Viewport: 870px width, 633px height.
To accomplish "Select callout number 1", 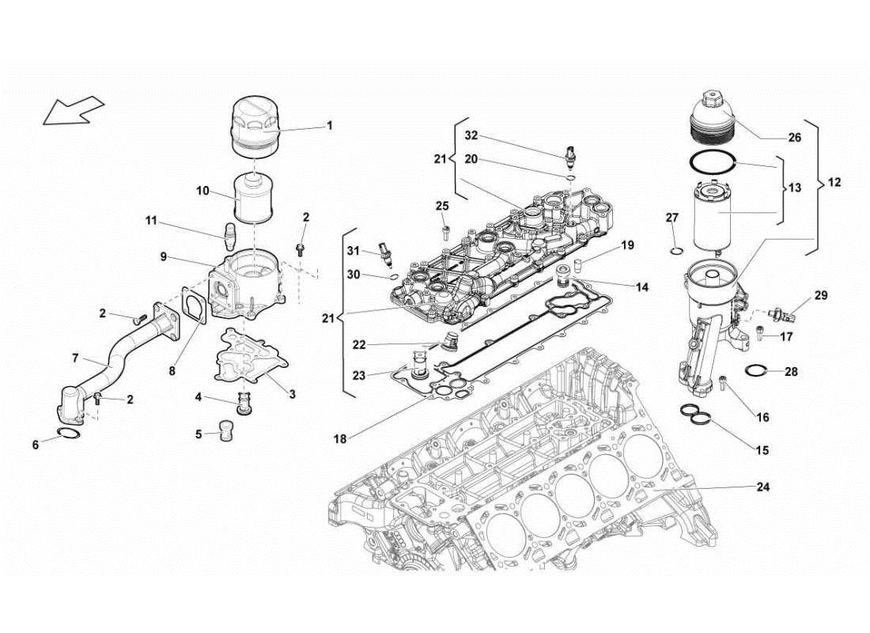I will (x=330, y=125).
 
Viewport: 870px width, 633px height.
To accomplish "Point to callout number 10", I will (x=203, y=191).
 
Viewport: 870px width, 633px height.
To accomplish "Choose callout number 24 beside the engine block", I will (x=762, y=487).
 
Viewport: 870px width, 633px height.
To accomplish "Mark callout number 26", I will (x=794, y=137).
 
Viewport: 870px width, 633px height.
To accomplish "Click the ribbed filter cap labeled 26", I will (x=713, y=119).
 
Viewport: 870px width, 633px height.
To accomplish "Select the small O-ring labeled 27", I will (x=674, y=252).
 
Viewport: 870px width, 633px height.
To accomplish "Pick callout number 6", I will (x=35, y=445).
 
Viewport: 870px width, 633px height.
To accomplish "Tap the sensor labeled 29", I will (x=788, y=313).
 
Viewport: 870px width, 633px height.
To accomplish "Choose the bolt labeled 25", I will (x=446, y=230).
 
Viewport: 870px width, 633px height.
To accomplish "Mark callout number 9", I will (x=163, y=256).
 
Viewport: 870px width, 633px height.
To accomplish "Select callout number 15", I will (x=762, y=450).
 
